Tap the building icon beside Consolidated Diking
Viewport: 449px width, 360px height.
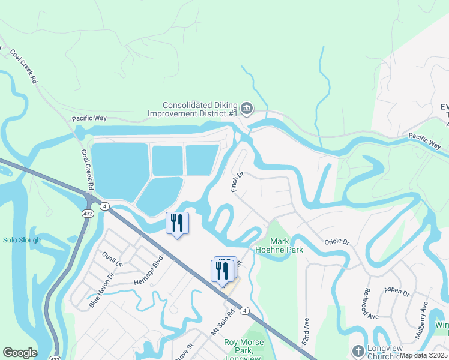click(247, 109)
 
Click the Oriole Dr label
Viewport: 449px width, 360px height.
click(337, 241)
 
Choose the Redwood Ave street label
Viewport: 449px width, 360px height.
click(370, 304)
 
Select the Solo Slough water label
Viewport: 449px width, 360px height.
click(22, 241)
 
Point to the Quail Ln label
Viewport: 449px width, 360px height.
click(112, 259)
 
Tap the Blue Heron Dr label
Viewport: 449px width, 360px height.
click(101, 291)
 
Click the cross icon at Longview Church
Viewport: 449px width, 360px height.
click(358, 351)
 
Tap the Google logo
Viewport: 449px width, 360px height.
click(20, 353)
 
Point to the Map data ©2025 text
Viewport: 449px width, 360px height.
click(423, 355)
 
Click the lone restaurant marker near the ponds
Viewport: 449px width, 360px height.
click(177, 223)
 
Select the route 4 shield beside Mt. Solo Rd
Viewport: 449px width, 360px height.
click(245, 310)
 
